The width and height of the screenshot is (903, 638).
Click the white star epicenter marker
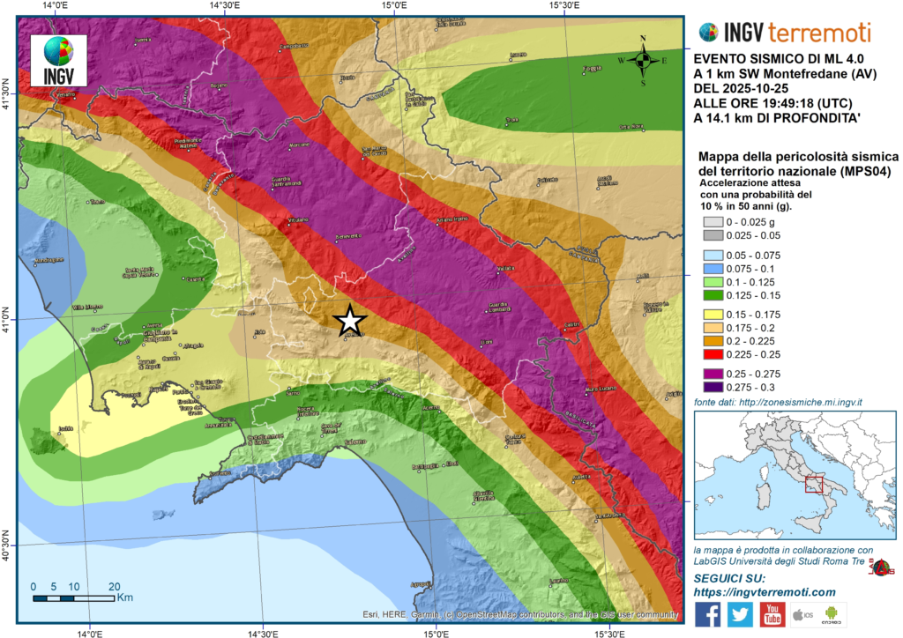(x=349, y=320)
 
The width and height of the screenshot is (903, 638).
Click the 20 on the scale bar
(x=114, y=586)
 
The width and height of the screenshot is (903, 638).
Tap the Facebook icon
(x=708, y=614)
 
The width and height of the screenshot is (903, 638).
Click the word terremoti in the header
(x=819, y=33)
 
